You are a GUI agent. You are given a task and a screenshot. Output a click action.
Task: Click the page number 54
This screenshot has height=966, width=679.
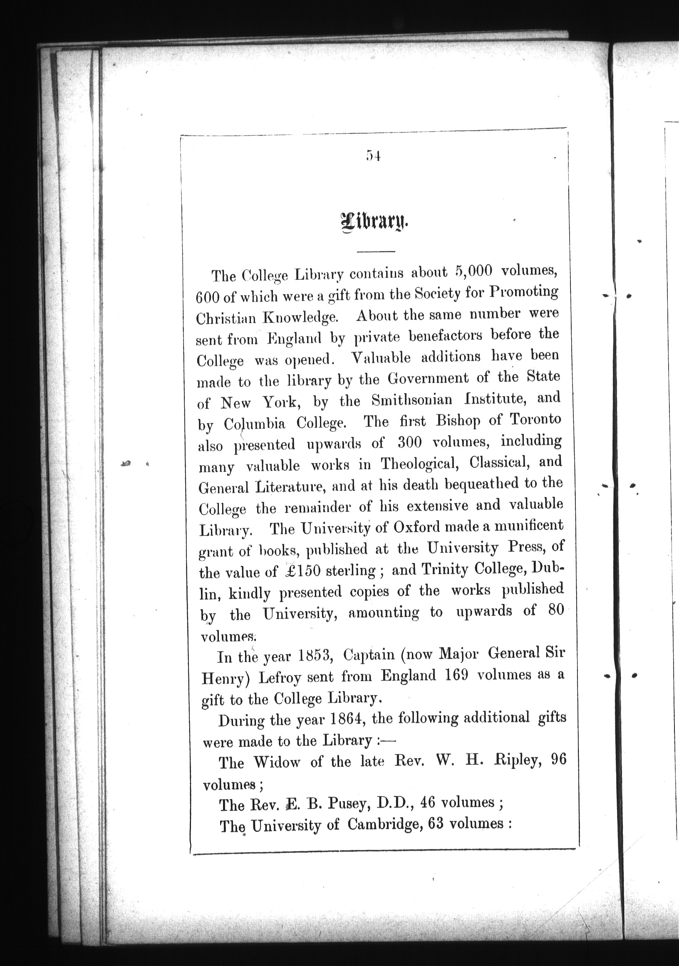pyautogui.click(x=373, y=156)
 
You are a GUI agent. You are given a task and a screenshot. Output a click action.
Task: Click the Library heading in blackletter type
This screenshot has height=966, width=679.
pyautogui.click(x=374, y=222)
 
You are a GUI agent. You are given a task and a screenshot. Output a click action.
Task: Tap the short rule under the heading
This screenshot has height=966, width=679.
pyautogui.click(x=375, y=252)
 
